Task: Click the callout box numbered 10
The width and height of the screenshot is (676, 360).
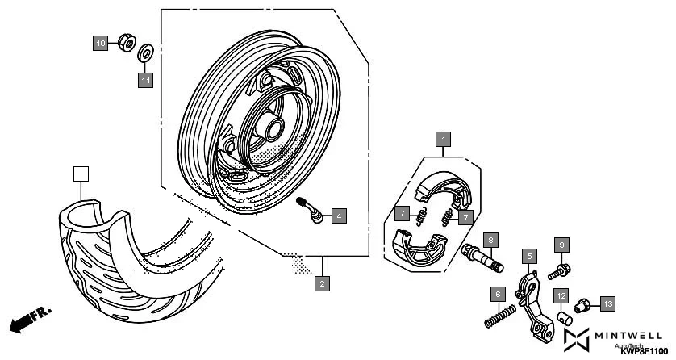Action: (100, 42)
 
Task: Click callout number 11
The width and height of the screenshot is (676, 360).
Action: (145, 80)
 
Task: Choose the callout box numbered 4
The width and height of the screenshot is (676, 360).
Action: (339, 216)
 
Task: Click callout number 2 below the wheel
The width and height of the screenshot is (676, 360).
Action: (322, 283)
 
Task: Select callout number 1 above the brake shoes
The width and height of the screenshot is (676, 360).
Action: (443, 140)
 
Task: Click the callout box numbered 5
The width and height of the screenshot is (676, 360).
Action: (529, 257)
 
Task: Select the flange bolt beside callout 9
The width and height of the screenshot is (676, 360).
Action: (558, 270)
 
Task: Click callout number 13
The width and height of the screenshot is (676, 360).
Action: (607, 303)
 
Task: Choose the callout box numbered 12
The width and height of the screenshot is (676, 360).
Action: (561, 295)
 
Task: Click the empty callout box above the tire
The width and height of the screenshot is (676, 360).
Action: (80, 174)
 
